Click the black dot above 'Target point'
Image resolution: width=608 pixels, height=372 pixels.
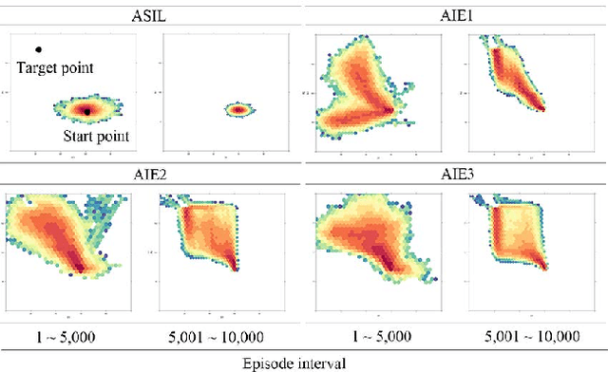click(38, 49)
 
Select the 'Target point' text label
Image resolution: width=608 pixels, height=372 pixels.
click(56, 67)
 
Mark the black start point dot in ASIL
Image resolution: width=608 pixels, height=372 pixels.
click(86, 111)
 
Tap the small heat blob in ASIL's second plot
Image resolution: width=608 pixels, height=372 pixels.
click(237, 110)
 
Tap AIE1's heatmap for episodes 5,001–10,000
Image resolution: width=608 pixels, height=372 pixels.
click(513, 81)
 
